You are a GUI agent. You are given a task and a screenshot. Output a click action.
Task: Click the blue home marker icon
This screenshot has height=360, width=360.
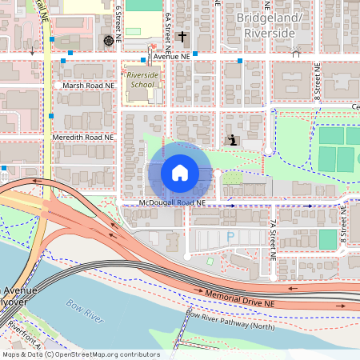click(180, 173)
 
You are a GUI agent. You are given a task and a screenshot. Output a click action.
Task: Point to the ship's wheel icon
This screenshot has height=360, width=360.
click(109, 40)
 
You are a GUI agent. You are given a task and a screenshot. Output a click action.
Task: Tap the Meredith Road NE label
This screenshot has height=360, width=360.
click(84, 138)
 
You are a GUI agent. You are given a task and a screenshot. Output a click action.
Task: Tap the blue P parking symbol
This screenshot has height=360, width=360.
click(231, 238)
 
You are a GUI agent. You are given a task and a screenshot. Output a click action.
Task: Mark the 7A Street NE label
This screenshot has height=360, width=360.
click(273, 232)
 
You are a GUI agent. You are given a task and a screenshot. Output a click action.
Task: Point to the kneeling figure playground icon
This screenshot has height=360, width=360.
click(232, 140)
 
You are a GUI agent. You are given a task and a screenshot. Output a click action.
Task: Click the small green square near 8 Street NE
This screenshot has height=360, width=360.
click(327, 239)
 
